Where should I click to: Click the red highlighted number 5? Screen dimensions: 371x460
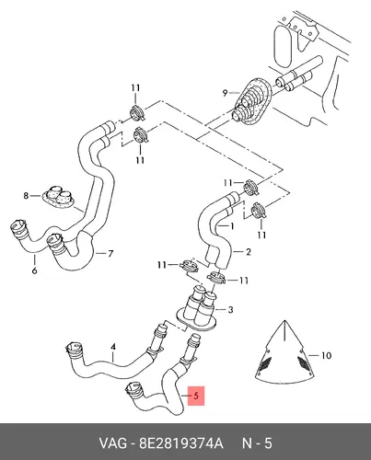(x=196, y=396)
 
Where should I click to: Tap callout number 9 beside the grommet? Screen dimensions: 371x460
(x=225, y=92)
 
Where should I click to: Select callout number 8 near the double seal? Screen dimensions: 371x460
(x=26, y=195)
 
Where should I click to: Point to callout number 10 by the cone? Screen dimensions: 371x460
(x=326, y=355)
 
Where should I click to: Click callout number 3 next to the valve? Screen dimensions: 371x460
(x=230, y=309)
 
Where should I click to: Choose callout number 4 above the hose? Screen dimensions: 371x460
(x=113, y=347)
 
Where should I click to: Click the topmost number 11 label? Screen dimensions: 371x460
(x=135, y=88)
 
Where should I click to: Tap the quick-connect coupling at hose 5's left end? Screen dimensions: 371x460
(x=133, y=390)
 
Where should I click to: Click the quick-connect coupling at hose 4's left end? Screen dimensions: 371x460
(x=75, y=351)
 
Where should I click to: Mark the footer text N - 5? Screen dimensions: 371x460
(x=257, y=443)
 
